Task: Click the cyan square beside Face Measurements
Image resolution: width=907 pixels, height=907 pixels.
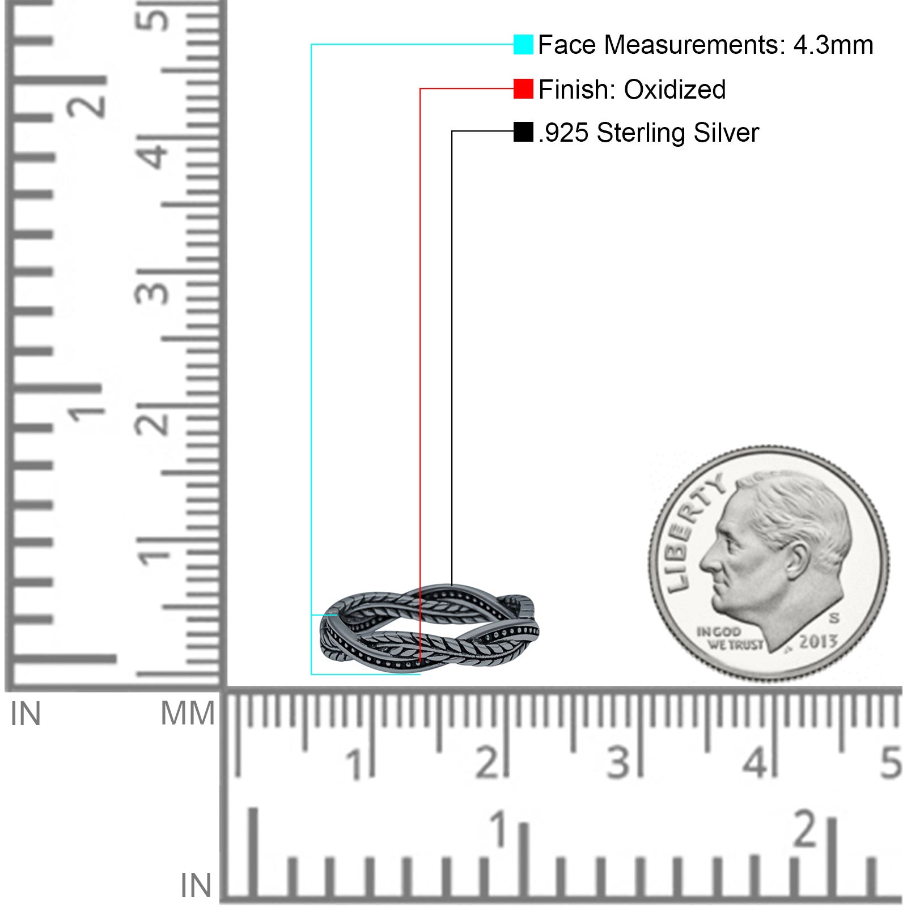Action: (x=523, y=45)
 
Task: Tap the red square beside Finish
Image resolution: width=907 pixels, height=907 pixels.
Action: (x=523, y=89)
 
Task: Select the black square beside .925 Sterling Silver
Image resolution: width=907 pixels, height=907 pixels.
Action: (x=523, y=132)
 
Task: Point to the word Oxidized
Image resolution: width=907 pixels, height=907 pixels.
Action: (x=675, y=90)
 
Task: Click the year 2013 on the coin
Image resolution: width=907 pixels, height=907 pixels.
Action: (x=818, y=641)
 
